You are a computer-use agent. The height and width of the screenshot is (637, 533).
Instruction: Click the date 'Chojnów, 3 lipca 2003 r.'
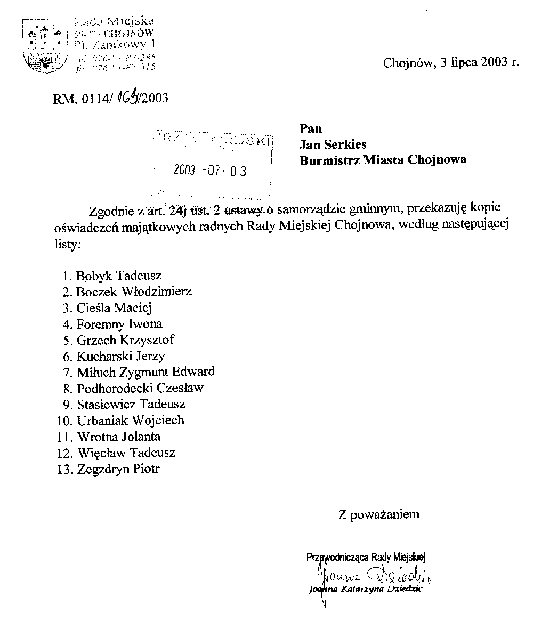click(x=450, y=62)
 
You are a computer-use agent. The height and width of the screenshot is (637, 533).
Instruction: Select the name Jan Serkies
click(x=333, y=144)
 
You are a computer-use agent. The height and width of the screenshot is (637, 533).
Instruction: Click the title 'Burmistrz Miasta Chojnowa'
click(x=383, y=160)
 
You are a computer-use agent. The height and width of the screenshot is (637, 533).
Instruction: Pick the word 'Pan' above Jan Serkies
click(x=311, y=128)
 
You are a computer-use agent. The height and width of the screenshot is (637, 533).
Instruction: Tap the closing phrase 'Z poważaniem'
click(x=378, y=514)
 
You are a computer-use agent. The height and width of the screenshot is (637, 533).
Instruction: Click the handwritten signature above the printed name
click(x=373, y=576)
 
